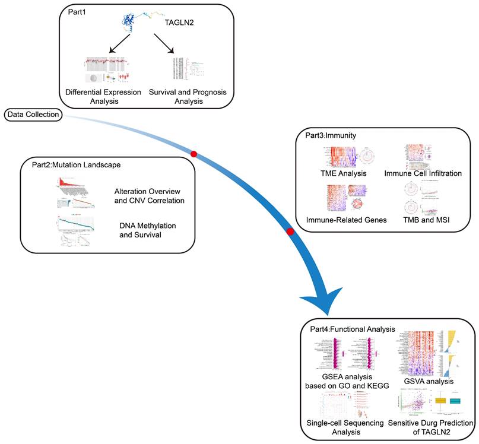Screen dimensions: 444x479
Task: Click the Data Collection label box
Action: click(x=33, y=114)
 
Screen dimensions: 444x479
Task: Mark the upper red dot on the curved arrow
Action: click(x=193, y=154)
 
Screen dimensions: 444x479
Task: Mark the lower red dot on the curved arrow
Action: click(x=290, y=231)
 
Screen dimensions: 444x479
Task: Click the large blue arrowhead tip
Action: click(x=323, y=315)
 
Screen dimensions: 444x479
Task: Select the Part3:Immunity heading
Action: click(x=331, y=135)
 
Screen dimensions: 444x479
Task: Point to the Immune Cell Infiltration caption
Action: click(x=422, y=174)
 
